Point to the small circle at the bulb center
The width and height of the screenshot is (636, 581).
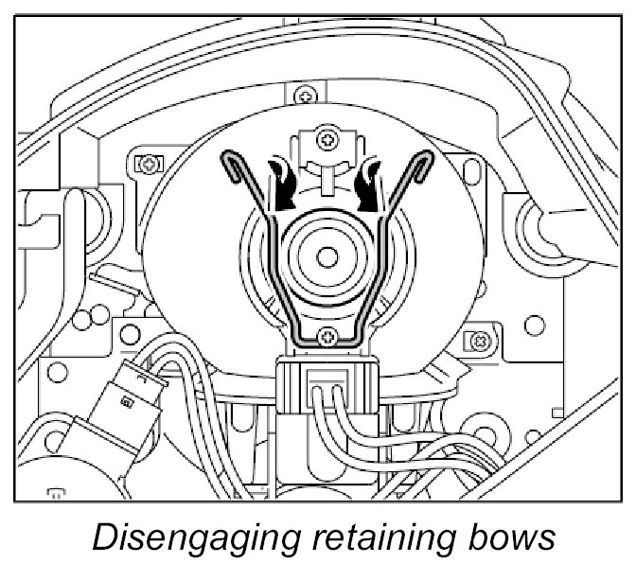326,255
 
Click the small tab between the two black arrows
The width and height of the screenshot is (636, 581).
325,175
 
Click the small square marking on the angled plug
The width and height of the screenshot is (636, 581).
123,403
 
